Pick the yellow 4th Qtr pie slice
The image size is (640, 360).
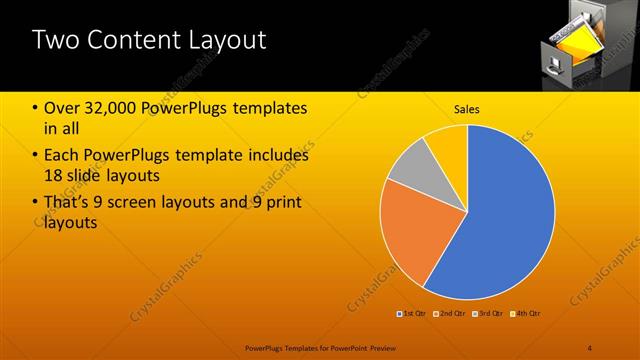tap(448, 143)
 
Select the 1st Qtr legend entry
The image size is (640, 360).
tap(412, 314)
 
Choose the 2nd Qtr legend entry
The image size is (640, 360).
tap(450, 314)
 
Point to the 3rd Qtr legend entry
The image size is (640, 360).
tap(487, 314)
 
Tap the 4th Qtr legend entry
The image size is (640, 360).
tap(525, 314)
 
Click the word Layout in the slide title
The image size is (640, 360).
tap(225, 41)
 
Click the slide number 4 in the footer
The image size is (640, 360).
tap(589, 346)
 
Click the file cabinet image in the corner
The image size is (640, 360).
tap(577, 44)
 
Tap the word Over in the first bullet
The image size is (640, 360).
tap(63, 108)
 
